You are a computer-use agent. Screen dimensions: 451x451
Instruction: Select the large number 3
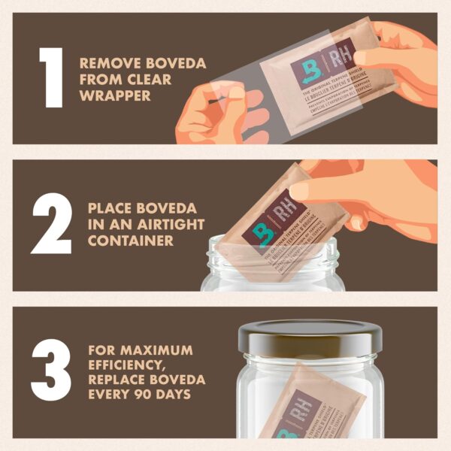click(50, 372)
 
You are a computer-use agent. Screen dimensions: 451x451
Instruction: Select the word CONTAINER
click(131, 241)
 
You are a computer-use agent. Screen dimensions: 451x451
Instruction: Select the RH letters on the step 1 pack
click(340, 60)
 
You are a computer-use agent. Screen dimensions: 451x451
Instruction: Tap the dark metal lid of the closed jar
click(308, 335)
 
